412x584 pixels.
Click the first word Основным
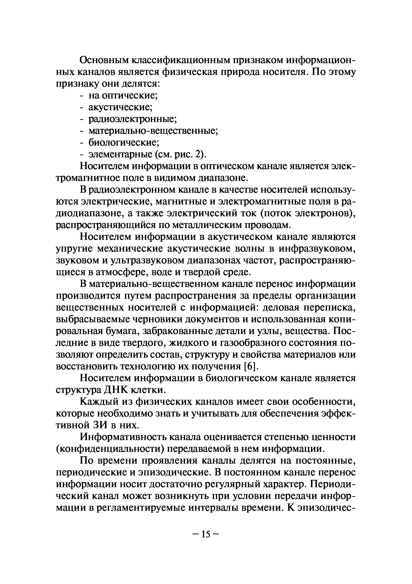coord(105,61)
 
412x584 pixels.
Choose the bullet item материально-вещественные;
coord(153,131)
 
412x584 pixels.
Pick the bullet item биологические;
coord(124,143)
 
